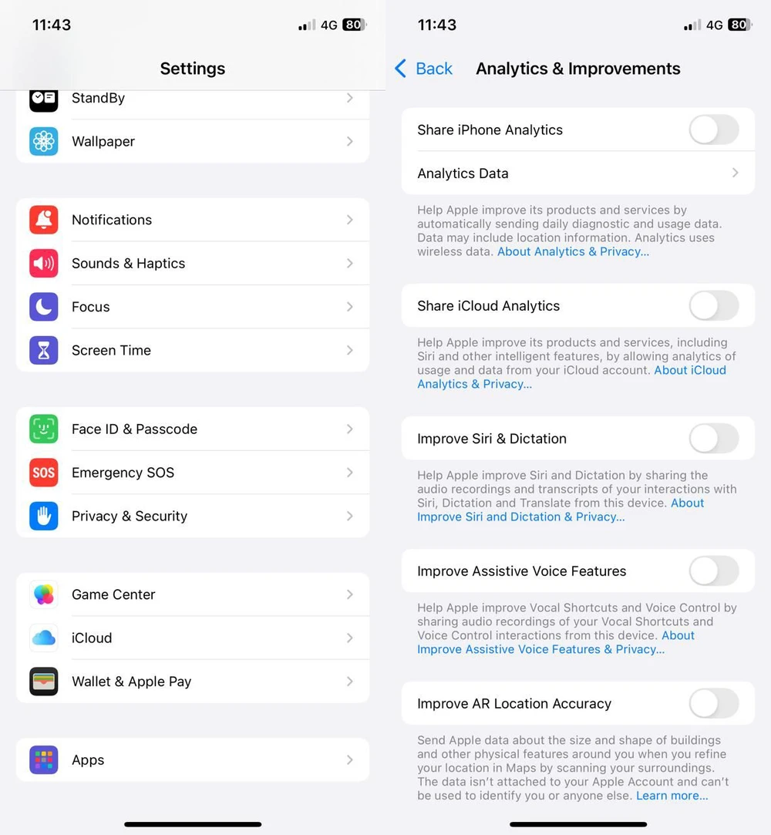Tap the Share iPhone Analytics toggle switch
(x=713, y=130)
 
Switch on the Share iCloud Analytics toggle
(x=713, y=306)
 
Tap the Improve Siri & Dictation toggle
(x=713, y=439)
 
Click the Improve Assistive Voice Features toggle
(x=713, y=571)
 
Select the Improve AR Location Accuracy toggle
(x=713, y=704)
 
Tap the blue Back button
(x=424, y=69)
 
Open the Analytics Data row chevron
(x=735, y=173)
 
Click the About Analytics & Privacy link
(x=573, y=251)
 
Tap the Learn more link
(x=672, y=796)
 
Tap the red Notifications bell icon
(x=44, y=220)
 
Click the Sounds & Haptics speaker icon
(x=44, y=264)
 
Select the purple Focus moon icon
(x=44, y=307)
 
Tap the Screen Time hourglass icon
(x=44, y=350)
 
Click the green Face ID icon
(x=44, y=429)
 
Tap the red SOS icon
(x=44, y=473)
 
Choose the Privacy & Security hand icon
(x=44, y=516)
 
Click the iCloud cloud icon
(x=44, y=638)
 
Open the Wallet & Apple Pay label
(x=131, y=682)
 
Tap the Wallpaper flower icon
(x=44, y=141)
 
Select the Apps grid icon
(x=44, y=760)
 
